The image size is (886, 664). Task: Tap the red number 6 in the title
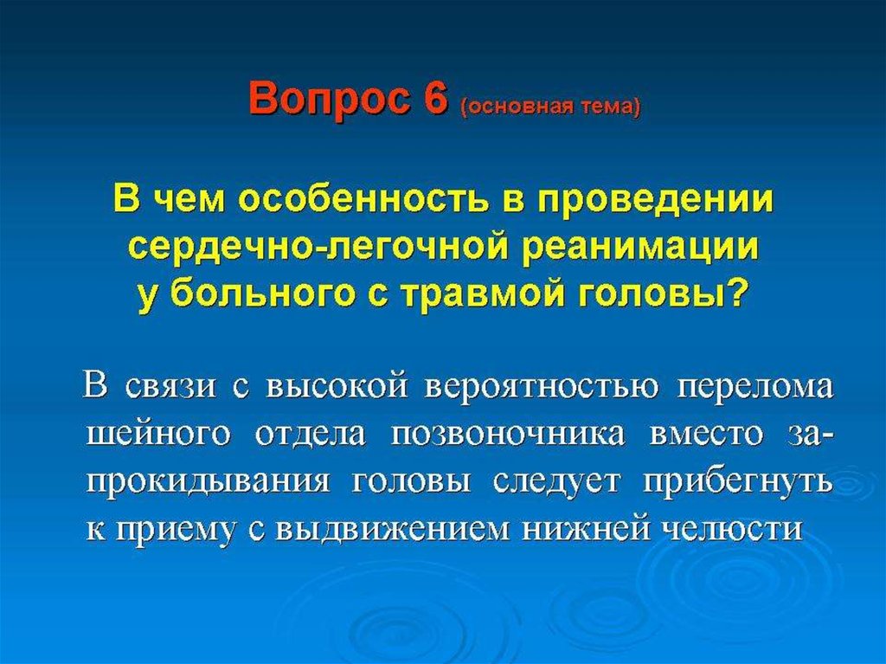pyautogui.click(x=434, y=98)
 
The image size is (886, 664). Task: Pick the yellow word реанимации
pyautogui.click(x=640, y=248)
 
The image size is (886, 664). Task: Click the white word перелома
pyautogui.click(x=755, y=389)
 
